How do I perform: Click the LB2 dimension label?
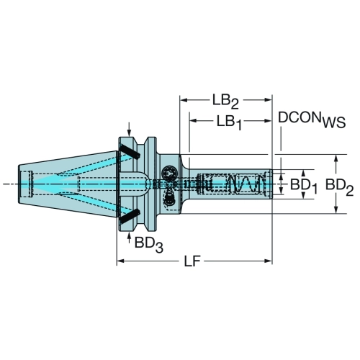coord(225,101)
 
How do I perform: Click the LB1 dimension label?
coord(229,122)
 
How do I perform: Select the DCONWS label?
coord(312,120)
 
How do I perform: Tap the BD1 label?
coord(304,186)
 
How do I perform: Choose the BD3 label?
coord(149,244)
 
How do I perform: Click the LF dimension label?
coord(192,261)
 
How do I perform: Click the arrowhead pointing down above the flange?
coord(130,132)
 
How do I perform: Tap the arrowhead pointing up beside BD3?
coord(130,236)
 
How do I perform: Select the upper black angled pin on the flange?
coord(130,151)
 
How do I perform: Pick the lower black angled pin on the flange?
coord(130,216)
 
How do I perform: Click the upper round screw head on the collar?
coord(169,173)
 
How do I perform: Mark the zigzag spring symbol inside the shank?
coord(244,184)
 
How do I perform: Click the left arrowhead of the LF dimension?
coord(121,261)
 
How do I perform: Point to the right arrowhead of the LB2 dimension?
coord(268,100)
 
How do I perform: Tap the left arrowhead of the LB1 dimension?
coord(193,121)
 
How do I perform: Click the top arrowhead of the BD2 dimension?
coord(337,158)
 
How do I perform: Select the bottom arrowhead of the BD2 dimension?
coord(337,209)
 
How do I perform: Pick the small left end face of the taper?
coord(19,184)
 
